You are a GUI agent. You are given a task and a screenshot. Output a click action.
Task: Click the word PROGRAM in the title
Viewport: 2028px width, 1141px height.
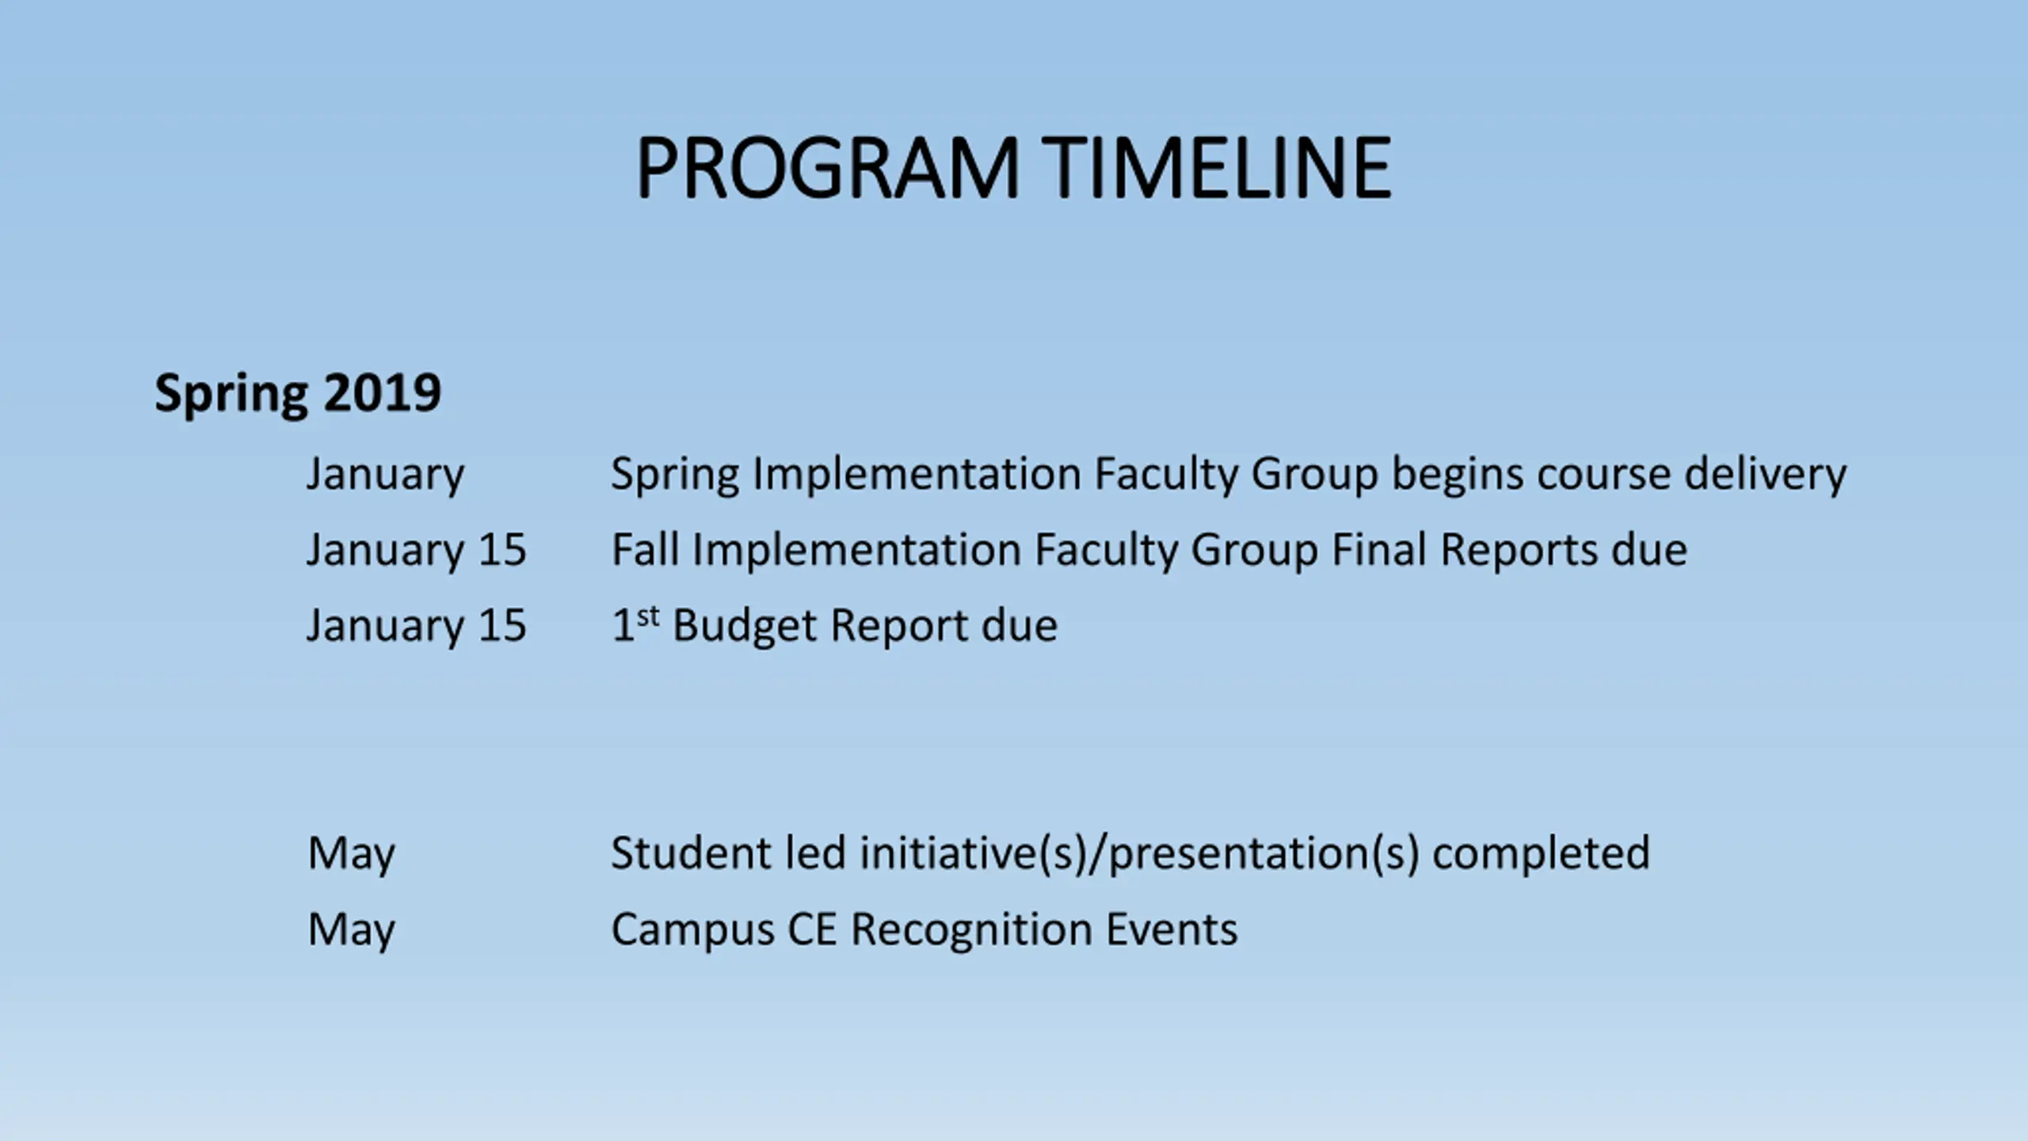(x=827, y=168)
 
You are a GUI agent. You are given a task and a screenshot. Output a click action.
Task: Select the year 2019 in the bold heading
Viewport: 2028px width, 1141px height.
(x=382, y=392)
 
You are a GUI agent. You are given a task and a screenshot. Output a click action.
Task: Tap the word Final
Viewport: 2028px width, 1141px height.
(x=1379, y=549)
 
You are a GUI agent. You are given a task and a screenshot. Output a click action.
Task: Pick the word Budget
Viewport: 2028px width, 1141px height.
(x=745, y=626)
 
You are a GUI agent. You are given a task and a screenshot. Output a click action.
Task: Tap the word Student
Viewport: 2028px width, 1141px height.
(x=691, y=853)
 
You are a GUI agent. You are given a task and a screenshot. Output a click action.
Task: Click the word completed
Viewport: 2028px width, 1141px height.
(x=1542, y=854)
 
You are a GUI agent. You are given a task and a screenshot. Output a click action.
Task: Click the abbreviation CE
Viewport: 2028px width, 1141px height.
(x=812, y=929)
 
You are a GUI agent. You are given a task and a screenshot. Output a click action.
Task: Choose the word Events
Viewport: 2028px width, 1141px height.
(x=1172, y=929)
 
